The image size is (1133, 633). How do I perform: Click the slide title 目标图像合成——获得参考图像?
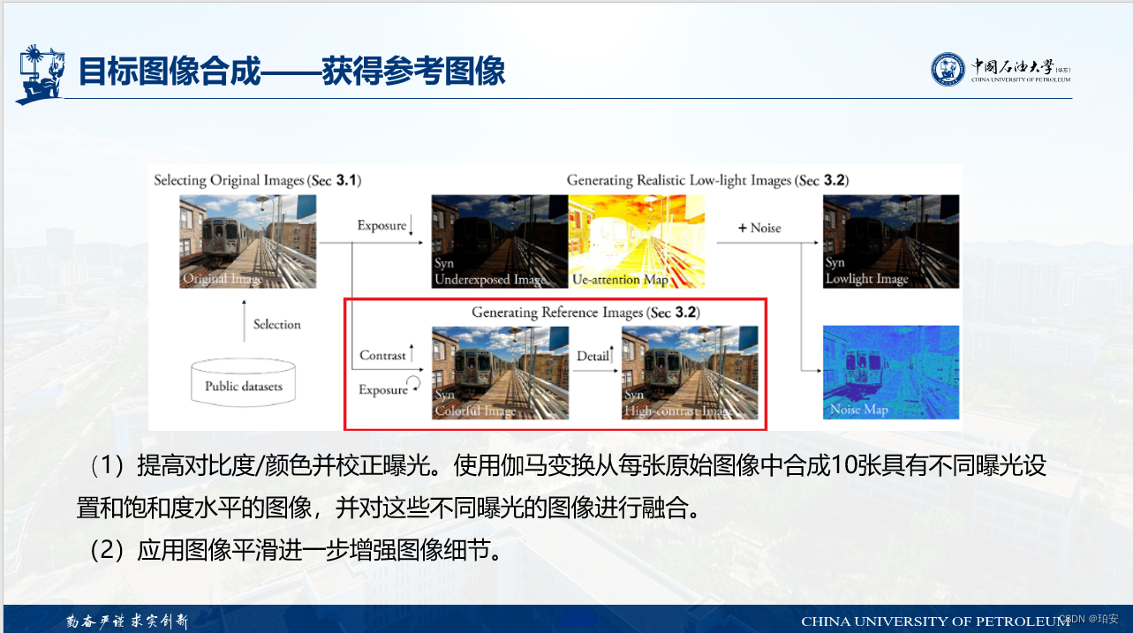tap(292, 71)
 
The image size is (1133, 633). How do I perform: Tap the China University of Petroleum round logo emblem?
tap(948, 69)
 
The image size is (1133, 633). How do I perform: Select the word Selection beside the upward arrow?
tap(276, 324)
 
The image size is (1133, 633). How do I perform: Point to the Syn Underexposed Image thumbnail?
tap(499, 242)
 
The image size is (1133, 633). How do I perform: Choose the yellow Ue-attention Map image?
tap(637, 242)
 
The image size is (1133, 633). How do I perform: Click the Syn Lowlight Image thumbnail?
tap(890, 242)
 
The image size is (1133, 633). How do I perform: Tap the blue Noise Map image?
tap(890, 372)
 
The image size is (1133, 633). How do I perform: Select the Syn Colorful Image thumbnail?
tap(500, 373)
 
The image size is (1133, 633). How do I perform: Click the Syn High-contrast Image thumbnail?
tap(690, 373)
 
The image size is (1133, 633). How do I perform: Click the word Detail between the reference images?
tap(593, 356)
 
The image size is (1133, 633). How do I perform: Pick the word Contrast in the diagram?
tap(382, 355)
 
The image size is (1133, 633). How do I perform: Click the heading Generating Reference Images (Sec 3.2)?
tap(585, 313)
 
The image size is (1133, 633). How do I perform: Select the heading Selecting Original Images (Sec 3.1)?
tap(257, 180)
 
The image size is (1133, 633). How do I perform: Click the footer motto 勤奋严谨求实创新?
tap(127, 621)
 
